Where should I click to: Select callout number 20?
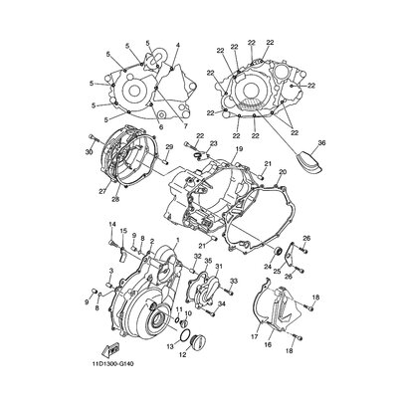[x=283, y=172]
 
